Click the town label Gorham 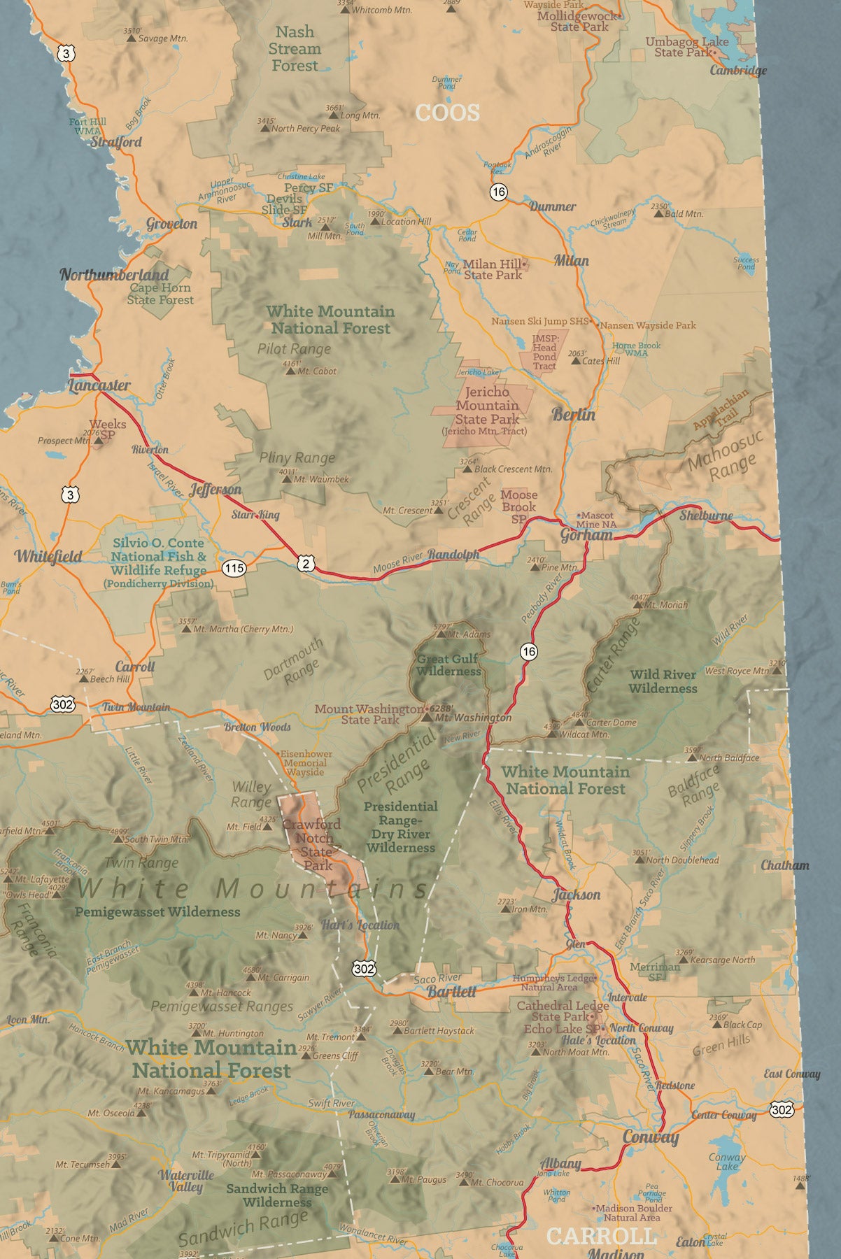[586, 535]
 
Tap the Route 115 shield [234, 567]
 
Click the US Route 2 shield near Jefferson [305, 563]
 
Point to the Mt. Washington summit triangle [427, 717]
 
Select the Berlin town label [574, 414]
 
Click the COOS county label [448, 113]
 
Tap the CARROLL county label [602, 1236]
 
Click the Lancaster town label [99, 385]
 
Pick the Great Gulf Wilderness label [448, 664]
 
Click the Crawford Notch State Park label [313, 845]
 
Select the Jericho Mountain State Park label [487, 406]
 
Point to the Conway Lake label [727, 1161]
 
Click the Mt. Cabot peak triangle [290, 371]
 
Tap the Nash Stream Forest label [295, 49]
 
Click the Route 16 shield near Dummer [498, 192]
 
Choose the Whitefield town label [49, 556]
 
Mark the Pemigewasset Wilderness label [157, 911]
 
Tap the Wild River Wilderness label [663, 681]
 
